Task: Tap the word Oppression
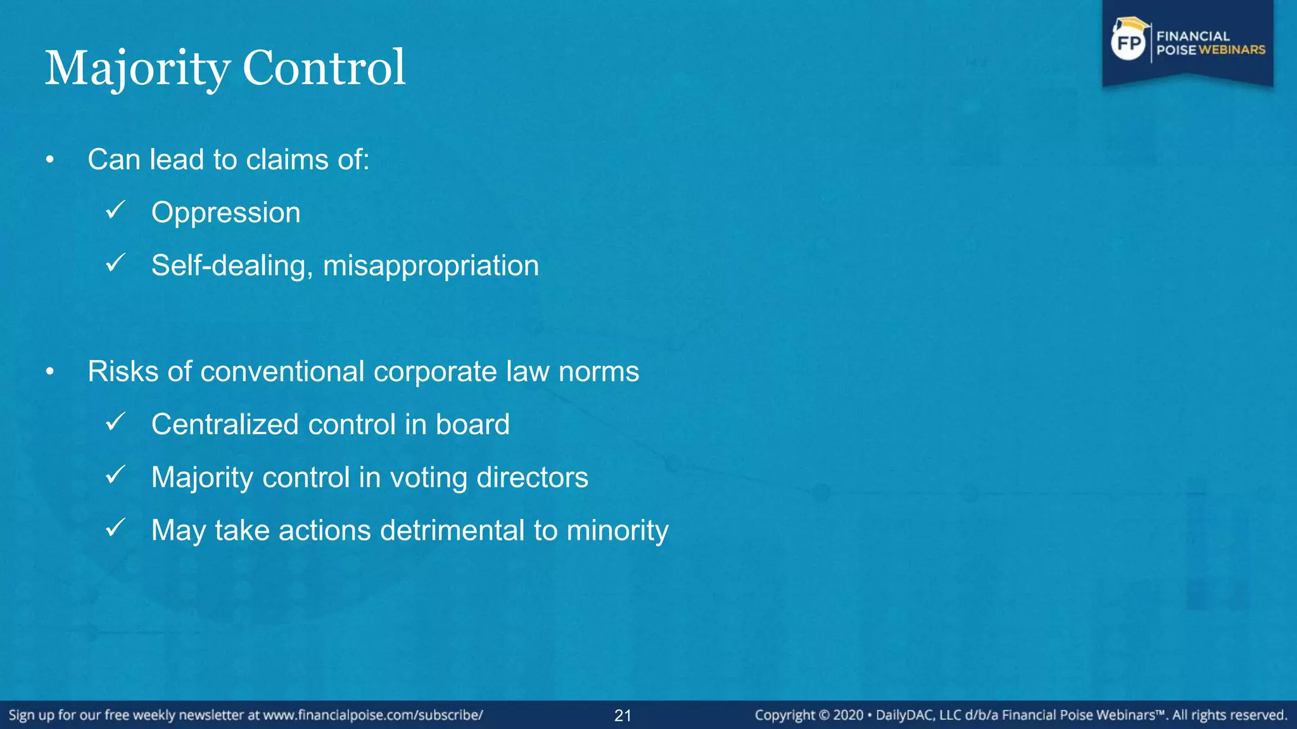click(x=225, y=213)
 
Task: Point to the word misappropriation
click(x=431, y=266)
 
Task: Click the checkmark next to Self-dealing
click(x=116, y=263)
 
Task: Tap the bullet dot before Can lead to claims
click(x=50, y=160)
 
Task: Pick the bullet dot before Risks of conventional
click(x=50, y=372)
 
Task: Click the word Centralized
click(x=225, y=425)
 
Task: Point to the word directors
click(x=532, y=478)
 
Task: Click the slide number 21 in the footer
click(x=623, y=716)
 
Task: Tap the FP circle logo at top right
click(x=1129, y=43)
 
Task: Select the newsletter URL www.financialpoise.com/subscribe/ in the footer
click(x=373, y=715)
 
